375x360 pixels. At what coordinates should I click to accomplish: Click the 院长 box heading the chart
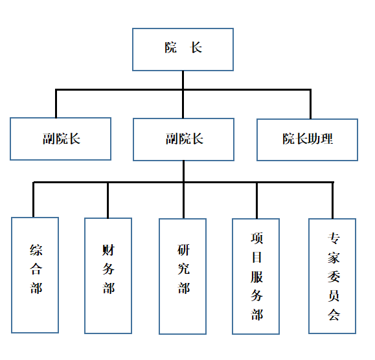183,49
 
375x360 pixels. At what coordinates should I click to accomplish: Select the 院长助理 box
307,140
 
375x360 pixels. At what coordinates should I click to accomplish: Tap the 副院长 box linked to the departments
183,140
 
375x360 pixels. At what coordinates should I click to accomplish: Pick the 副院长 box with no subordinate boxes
60,139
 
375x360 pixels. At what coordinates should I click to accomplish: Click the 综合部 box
35,275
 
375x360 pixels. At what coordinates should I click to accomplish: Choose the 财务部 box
108,276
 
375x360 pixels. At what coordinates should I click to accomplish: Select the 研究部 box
183,276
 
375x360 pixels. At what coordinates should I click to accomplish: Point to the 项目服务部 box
256,276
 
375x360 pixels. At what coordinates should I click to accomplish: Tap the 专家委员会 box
332,276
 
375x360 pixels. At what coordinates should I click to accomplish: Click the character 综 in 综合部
36,250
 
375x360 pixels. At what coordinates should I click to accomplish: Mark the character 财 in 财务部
108,250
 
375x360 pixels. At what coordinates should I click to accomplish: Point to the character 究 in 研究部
184,269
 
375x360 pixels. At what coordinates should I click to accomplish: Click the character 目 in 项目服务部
257,257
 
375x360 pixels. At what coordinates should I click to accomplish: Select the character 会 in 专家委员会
334,314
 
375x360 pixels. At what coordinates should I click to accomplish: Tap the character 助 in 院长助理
314,139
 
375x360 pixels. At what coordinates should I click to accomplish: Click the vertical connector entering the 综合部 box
33,199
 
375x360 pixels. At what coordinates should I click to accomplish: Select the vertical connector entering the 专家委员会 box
332,201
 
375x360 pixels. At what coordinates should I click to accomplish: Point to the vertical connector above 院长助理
310,104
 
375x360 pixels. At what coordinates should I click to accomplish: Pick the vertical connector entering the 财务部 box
108,200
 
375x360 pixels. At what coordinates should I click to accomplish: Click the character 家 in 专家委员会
334,258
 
